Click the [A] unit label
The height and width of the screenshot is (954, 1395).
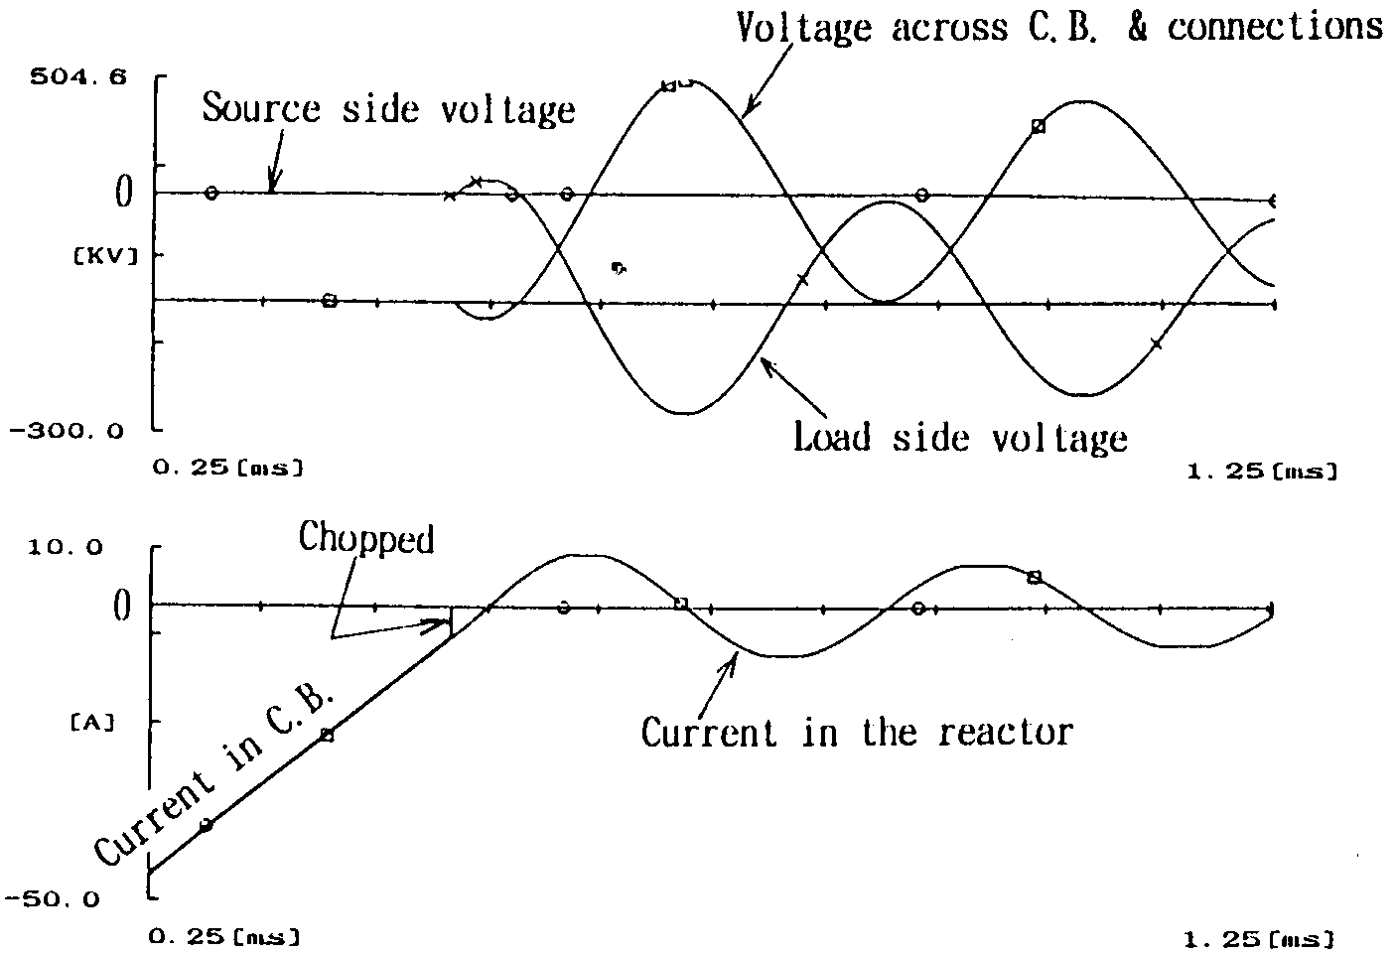tap(91, 723)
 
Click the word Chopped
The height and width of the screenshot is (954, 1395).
tap(366, 539)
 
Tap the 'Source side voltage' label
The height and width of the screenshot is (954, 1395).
tap(388, 109)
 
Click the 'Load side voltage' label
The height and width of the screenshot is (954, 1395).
tap(959, 437)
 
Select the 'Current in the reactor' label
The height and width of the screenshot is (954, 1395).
tap(856, 733)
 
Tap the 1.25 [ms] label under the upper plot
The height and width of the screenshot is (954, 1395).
tap(1261, 473)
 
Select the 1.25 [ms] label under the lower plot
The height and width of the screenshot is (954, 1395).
tap(1260, 938)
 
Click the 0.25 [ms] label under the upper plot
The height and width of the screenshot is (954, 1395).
tap(226, 467)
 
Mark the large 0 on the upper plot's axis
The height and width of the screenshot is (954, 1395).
tap(124, 193)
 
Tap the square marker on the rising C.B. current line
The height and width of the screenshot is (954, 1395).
tap(328, 735)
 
